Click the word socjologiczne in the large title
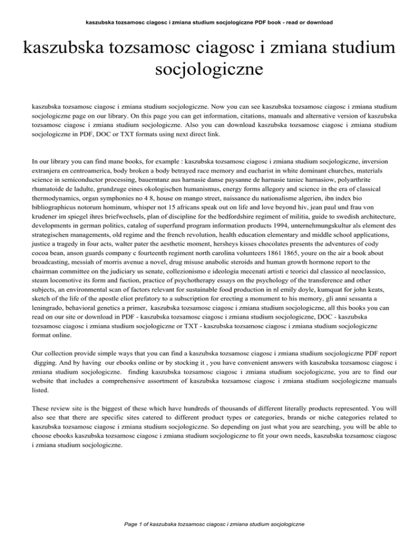pos(209,70)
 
